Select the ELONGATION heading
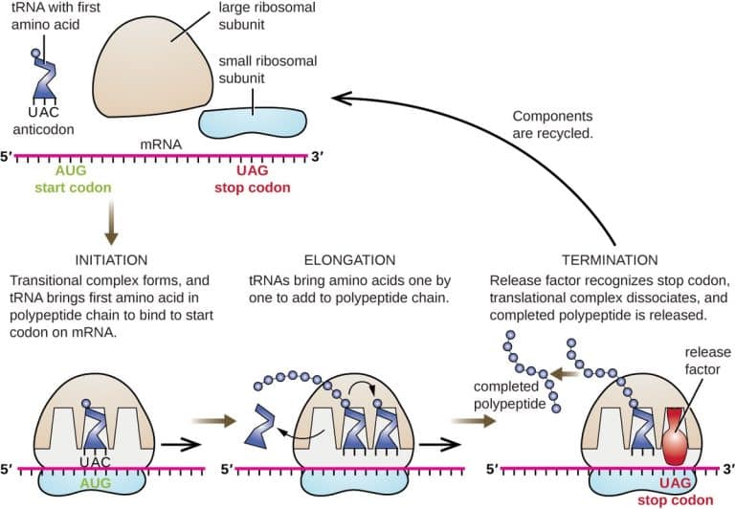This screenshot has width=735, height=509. (350, 259)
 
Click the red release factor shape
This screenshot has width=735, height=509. (678, 434)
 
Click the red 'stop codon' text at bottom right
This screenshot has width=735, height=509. (681, 499)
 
